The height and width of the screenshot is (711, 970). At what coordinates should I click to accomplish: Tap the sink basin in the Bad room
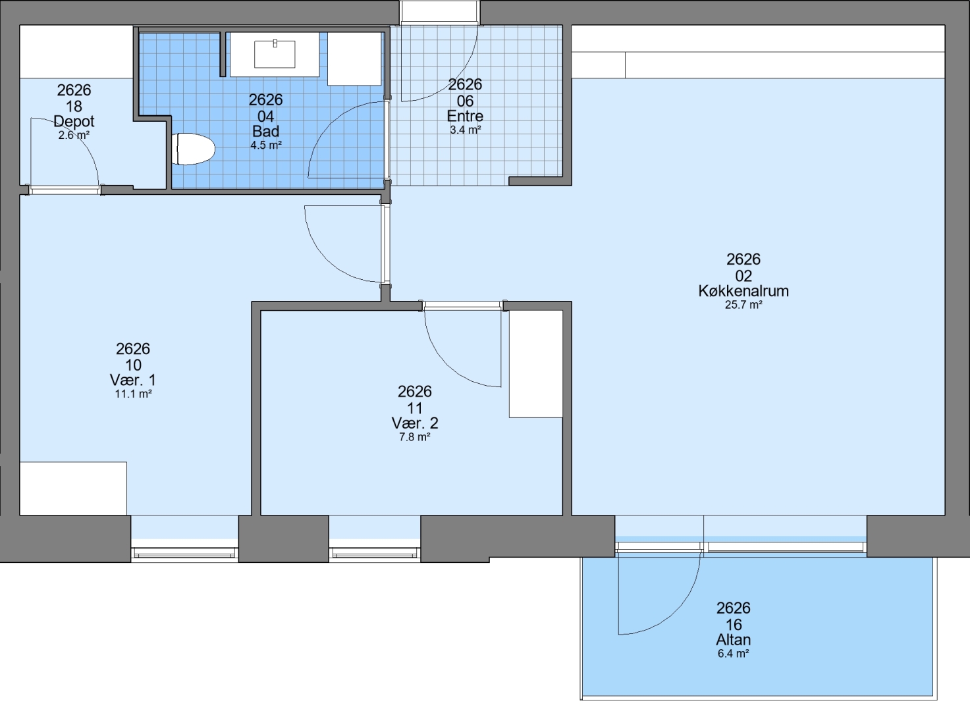coord(275,54)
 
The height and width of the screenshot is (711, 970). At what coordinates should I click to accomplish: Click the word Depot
coord(74,121)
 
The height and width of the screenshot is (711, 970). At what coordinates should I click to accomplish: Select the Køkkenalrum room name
coord(743,291)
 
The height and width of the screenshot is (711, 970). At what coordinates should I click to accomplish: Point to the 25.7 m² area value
coord(743,305)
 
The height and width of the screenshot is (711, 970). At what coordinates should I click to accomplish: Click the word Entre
coord(465,116)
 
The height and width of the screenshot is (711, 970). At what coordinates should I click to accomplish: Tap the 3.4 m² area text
coord(466,130)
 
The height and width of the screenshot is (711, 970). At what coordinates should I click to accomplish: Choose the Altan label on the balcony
coord(733,640)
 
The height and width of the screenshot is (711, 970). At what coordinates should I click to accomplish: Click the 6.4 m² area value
coord(733,654)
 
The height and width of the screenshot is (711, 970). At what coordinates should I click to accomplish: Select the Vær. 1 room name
coord(133,380)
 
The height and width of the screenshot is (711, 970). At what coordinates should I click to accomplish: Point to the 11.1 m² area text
coord(133,394)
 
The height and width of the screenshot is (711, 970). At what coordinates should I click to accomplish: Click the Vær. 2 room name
coord(415,423)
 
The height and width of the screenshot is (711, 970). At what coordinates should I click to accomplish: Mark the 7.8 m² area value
coord(415,437)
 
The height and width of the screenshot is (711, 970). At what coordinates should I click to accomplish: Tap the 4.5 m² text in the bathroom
coord(266,145)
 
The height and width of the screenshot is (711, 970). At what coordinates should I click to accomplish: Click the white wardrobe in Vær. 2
coord(535,364)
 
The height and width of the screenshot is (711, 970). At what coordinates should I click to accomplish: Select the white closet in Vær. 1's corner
coord(73,488)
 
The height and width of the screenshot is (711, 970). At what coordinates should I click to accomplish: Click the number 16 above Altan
coord(733,625)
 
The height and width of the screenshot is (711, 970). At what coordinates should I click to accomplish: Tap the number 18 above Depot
coord(74,107)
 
